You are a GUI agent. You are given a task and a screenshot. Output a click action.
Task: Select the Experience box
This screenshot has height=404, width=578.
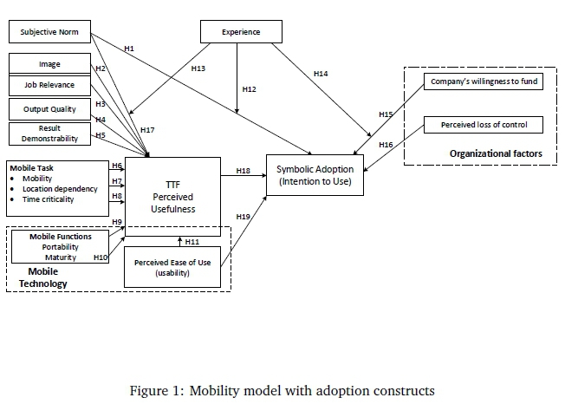coord(241,33)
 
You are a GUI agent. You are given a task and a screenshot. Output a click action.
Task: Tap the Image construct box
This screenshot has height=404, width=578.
coord(49,63)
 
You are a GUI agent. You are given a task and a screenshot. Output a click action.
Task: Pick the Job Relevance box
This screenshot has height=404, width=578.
coord(49,86)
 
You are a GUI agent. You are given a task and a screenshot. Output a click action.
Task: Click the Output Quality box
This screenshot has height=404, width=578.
coord(49,109)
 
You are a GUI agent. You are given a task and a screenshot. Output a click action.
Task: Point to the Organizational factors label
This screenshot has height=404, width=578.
coord(496,153)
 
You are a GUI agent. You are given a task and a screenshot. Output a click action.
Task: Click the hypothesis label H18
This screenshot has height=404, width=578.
coord(244,172)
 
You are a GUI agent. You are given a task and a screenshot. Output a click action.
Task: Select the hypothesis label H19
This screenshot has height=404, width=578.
coord(244,216)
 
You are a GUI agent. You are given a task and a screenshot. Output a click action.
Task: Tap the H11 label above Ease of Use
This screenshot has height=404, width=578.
coord(192,240)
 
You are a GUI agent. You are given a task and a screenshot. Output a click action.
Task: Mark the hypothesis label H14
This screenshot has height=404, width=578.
coord(321,75)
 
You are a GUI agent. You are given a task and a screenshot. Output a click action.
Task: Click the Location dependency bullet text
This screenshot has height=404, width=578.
coord(60,189)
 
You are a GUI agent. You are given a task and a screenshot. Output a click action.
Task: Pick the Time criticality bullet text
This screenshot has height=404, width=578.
coord(49,199)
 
